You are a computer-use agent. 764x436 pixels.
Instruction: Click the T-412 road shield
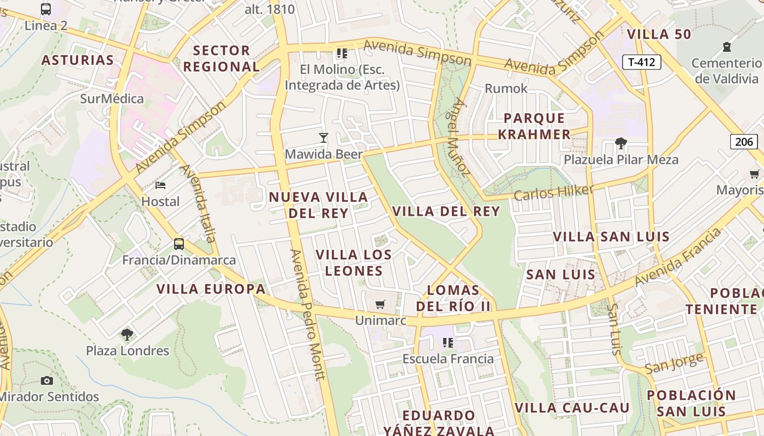coord(641,62)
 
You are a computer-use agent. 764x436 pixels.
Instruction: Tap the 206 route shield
coord(744,142)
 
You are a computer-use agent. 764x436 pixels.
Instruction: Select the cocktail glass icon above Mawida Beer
coord(324,138)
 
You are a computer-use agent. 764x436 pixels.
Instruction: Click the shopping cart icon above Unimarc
coord(380,304)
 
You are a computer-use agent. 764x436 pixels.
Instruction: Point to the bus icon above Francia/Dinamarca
coord(179,244)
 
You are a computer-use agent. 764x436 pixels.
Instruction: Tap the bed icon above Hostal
coord(160,185)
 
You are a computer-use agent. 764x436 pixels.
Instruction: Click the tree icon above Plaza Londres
coord(127,334)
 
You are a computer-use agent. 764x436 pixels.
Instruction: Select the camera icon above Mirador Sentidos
coord(47,380)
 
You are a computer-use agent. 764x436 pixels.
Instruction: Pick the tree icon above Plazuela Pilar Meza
coord(620,143)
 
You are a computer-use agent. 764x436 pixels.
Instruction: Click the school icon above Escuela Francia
coord(448,343)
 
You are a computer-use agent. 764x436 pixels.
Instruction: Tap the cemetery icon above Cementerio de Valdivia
coord(726,47)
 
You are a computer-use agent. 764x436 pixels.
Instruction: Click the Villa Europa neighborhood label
coord(211,289)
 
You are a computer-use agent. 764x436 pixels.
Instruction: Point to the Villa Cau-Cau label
coord(572,408)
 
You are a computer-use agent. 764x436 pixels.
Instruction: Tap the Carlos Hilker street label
coord(553,192)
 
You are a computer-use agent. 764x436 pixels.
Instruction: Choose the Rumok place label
coord(506,88)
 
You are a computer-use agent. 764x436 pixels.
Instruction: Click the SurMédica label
coord(112,99)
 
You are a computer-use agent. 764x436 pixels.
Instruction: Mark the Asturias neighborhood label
coord(77,60)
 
